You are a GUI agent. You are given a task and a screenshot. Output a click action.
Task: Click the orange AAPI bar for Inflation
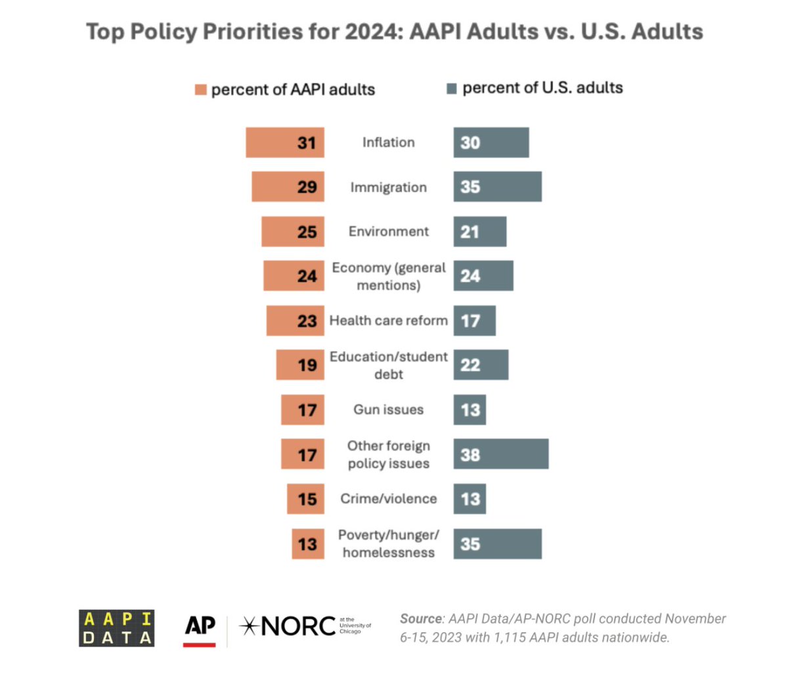tap(285, 142)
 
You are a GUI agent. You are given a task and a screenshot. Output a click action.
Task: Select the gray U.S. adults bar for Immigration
tap(497, 187)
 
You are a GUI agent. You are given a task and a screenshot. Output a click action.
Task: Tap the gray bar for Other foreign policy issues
tap(500, 454)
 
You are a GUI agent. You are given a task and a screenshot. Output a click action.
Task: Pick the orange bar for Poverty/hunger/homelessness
tap(308, 544)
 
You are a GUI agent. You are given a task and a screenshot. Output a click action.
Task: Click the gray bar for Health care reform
tap(474, 321)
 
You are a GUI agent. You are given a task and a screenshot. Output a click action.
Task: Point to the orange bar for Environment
tap(293, 232)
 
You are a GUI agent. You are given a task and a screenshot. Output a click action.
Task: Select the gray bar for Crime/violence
tap(470, 499)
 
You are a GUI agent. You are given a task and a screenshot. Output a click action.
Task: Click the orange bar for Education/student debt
tap(300, 365)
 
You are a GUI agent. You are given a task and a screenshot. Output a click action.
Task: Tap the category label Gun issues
tap(388, 410)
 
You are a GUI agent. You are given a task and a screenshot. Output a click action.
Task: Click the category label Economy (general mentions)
tap(388, 276)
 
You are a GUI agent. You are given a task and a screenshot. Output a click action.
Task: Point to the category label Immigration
tap(388, 187)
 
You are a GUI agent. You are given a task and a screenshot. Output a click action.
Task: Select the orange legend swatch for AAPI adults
tap(201, 90)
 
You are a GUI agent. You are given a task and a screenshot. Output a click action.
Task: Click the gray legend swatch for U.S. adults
tap(451, 89)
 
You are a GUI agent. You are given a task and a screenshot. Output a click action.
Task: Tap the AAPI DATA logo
tap(117, 628)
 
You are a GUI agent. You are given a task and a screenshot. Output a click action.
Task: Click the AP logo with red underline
tap(200, 629)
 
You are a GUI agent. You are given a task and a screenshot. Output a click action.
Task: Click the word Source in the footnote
tap(421, 618)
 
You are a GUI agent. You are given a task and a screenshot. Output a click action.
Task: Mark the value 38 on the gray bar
tap(470, 455)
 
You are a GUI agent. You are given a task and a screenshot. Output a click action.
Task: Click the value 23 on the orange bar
tap(307, 321)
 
